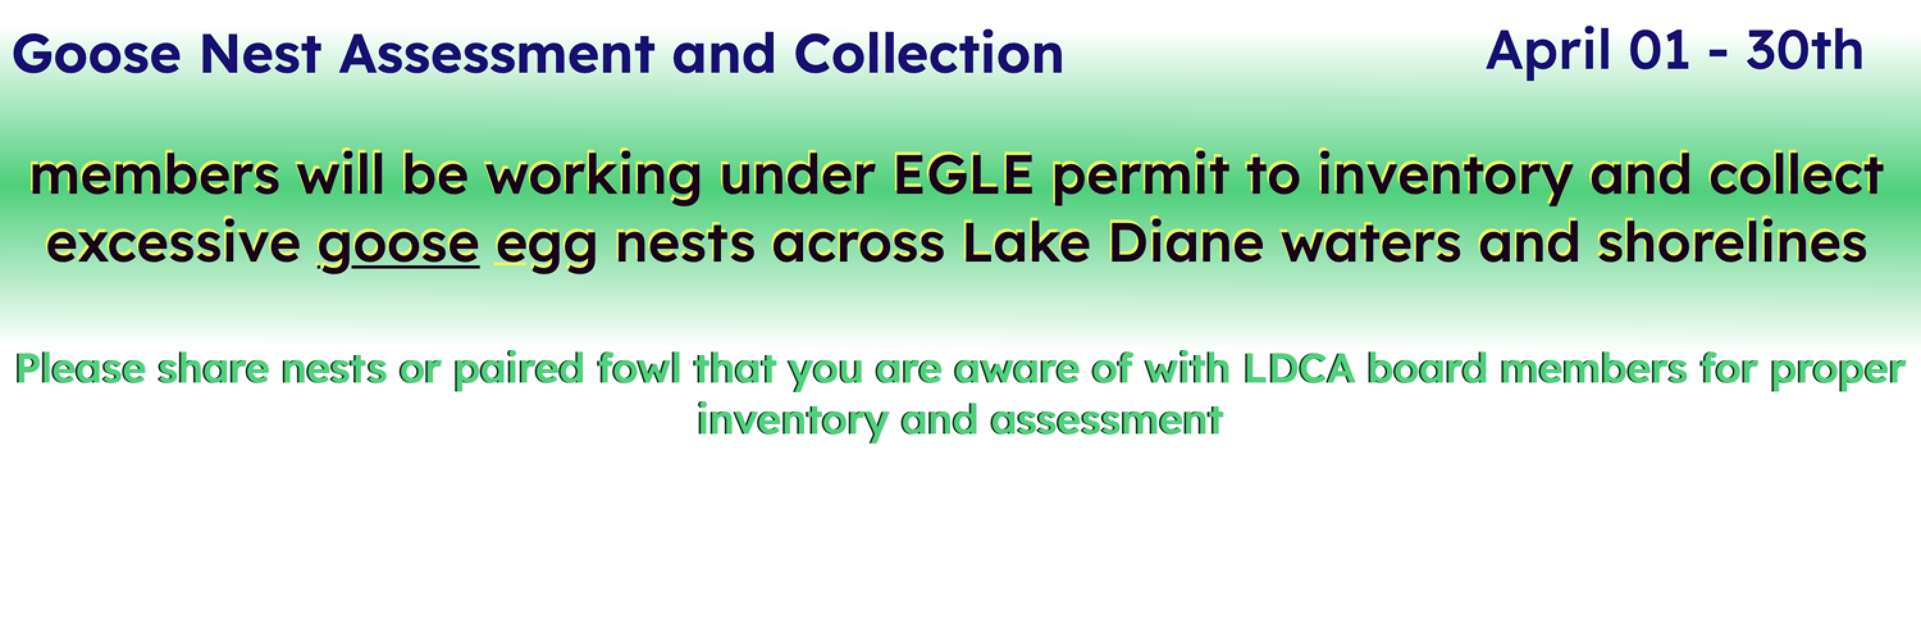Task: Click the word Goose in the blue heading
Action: [x=96, y=54]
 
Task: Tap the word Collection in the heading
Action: [x=928, y=54]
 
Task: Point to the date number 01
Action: [x=1658, y=51]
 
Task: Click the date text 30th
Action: [x=1804, y=50]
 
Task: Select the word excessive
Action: [x=173, y=244]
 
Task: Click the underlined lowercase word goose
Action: [x=398, y=246]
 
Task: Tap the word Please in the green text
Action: [x=81, y=369]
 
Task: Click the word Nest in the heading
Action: [x=260, y=54]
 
